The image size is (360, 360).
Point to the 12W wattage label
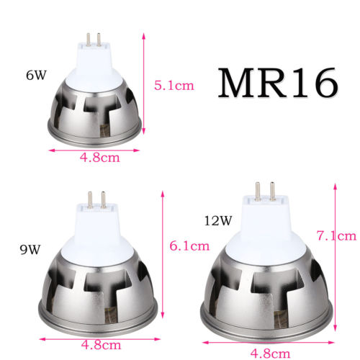pyautogui.click(x=217, y=216)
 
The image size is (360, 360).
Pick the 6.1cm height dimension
pyautogui.click(x=190, y=245)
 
